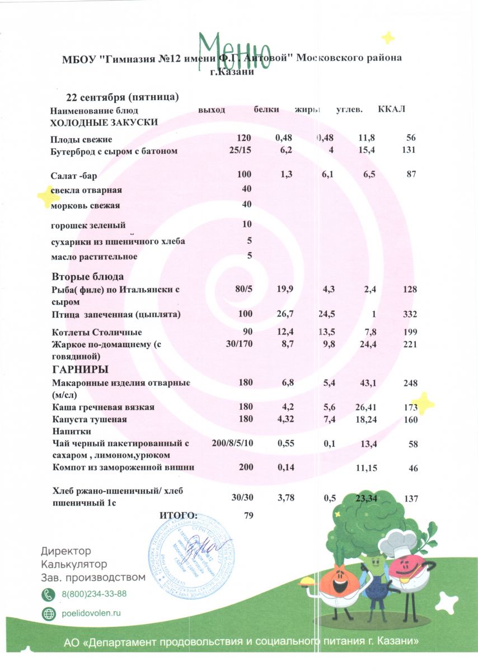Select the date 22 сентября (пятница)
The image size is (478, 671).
coord(122,97)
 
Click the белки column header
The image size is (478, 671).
coord(266,110)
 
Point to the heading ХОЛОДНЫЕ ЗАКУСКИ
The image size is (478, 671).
coord(104,122)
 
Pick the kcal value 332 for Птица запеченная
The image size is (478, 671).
coord(410,315)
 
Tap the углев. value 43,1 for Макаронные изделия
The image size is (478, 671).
coord(367,382)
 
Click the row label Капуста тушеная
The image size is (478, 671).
coord(90,419)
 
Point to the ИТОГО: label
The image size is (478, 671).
coord(178,515)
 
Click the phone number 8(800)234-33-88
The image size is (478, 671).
coord(94,594)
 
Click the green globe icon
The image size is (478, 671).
coord(49,613)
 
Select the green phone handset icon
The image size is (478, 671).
coord(49,594)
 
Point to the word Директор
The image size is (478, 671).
coord(66,551)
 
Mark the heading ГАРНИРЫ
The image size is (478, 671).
coord(80,370)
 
